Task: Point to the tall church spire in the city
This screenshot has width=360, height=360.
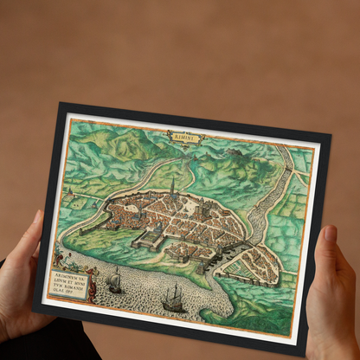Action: coord(172,185)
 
